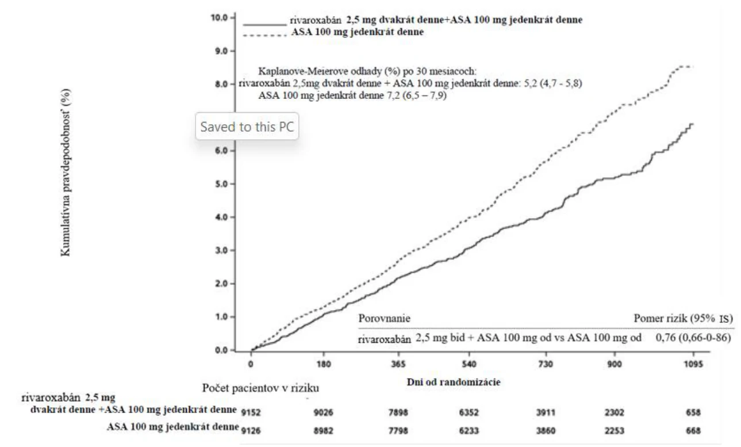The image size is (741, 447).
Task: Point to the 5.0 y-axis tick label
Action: (x=222, y=184)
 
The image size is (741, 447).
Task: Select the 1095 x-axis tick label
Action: (x=693, y=364)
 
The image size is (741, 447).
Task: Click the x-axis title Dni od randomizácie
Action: (x=454, y=382)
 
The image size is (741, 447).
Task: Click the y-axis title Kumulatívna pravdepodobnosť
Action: (x=66, y=172)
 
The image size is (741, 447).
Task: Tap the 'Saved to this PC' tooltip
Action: (x=247, y=126)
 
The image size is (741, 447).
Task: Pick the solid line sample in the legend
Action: (x=264, y=25)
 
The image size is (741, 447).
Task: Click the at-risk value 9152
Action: (x=251, y=412)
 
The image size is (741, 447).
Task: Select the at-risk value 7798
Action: (x=398, y=431)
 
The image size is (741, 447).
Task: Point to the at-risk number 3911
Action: (x=546, y=412)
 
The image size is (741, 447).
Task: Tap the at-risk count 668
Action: (x=693, y=431)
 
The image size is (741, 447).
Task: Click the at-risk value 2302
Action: (x=615, y=412)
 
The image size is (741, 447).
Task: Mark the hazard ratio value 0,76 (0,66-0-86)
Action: (x=693, y=337)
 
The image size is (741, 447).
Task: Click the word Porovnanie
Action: (x=385, y=318)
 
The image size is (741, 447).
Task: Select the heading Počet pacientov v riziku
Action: (x=260, y=388)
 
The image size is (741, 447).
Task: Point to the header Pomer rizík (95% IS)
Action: (x=683, y=318)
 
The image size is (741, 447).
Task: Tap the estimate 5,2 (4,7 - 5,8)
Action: (x=553, y=83)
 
